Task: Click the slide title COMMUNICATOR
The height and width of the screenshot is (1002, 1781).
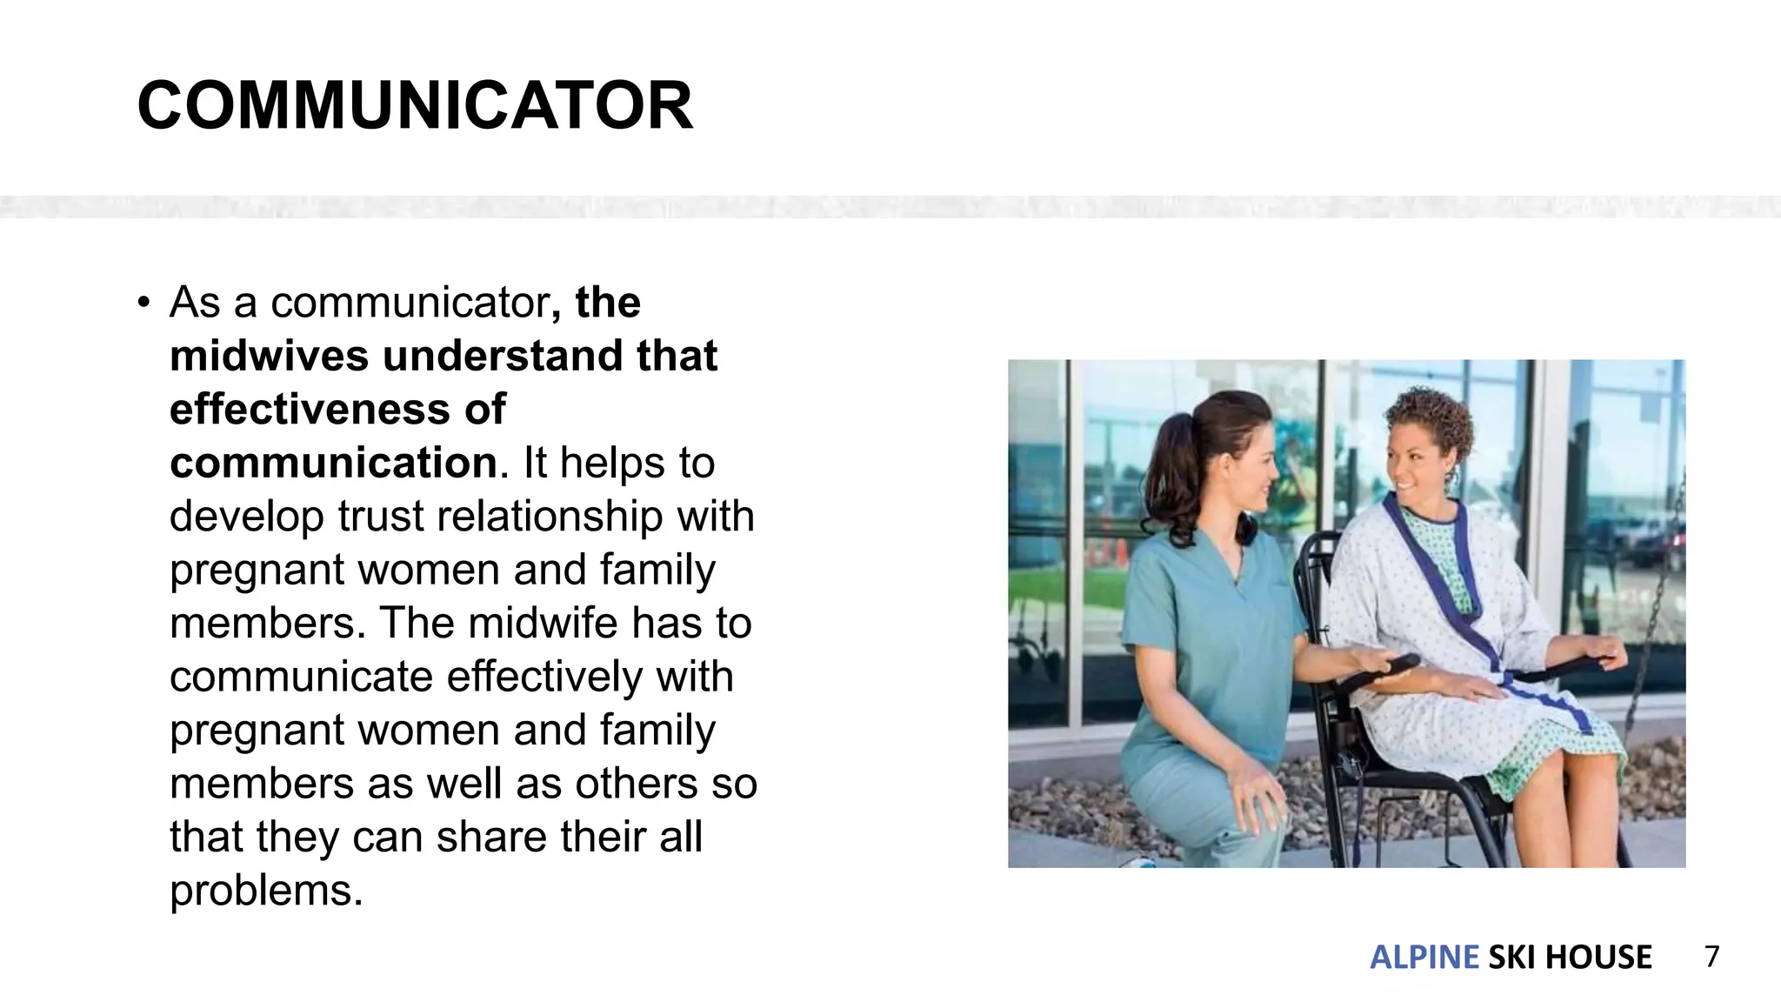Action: click(x=415, y=106)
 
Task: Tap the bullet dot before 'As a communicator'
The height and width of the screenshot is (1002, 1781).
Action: click(x=143, y=303)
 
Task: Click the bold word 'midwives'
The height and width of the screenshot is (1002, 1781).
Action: click(x=269, y=356)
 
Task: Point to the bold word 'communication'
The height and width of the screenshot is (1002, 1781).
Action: click(x=333, y=463)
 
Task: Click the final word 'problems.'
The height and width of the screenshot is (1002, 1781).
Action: click(x=266, y=891)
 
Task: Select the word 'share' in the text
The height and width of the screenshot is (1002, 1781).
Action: click(x=490, y=838)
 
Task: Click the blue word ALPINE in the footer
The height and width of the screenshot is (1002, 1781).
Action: click(x=1424, y=958)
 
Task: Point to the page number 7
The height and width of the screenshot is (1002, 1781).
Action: click(x=1711, y=957)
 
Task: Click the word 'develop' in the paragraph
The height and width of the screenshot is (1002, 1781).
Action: click(x=247, y=517)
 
